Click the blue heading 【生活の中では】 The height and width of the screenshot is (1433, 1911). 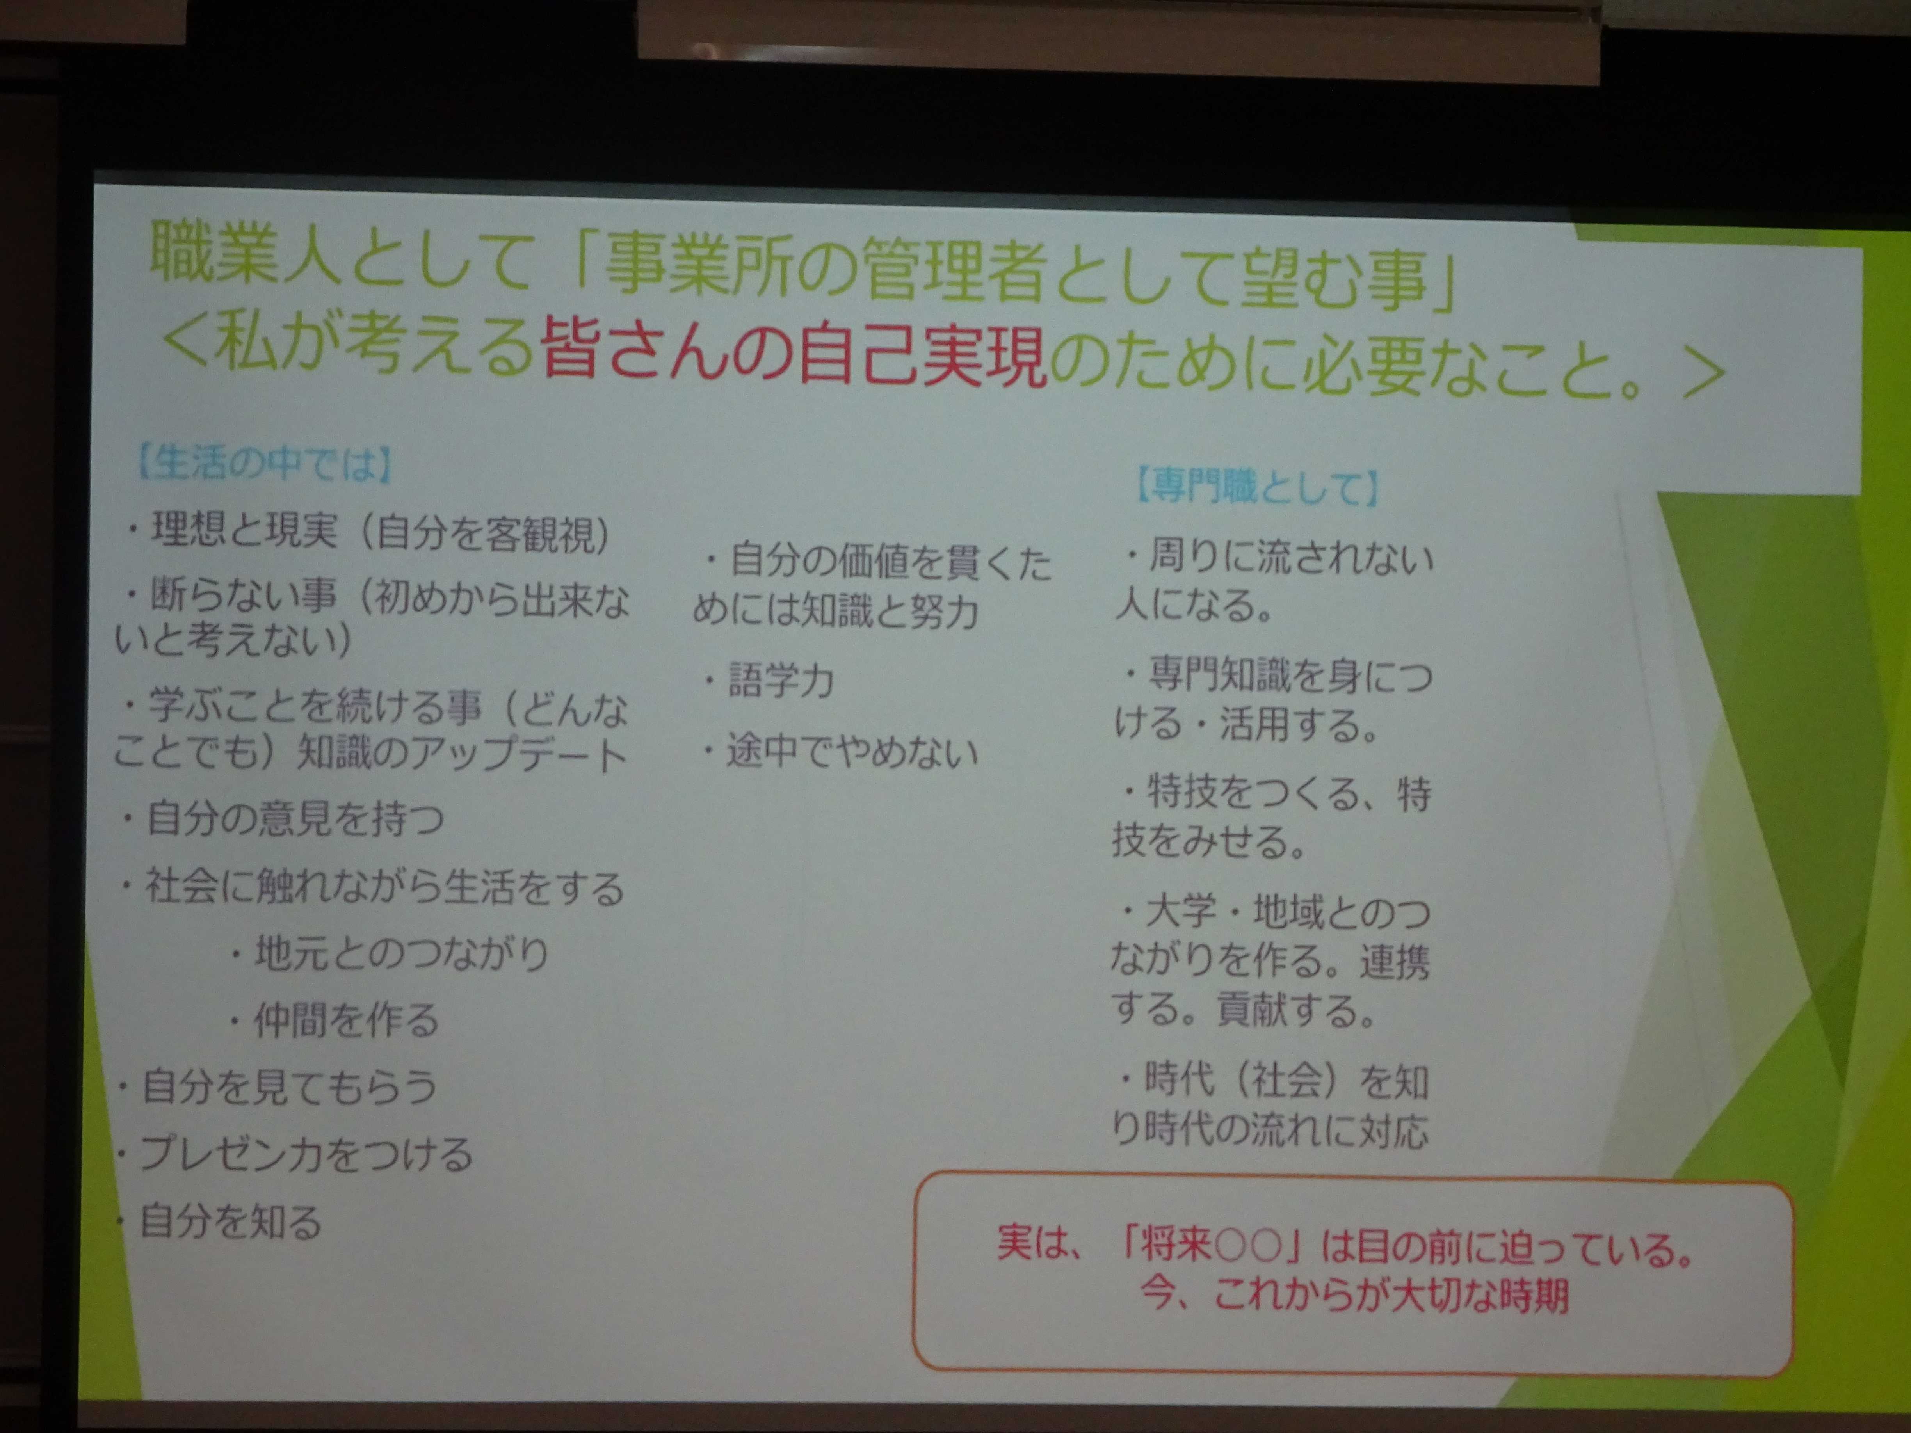[x=264, y=464]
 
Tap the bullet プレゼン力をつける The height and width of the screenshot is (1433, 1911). [x=295, y=1153]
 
